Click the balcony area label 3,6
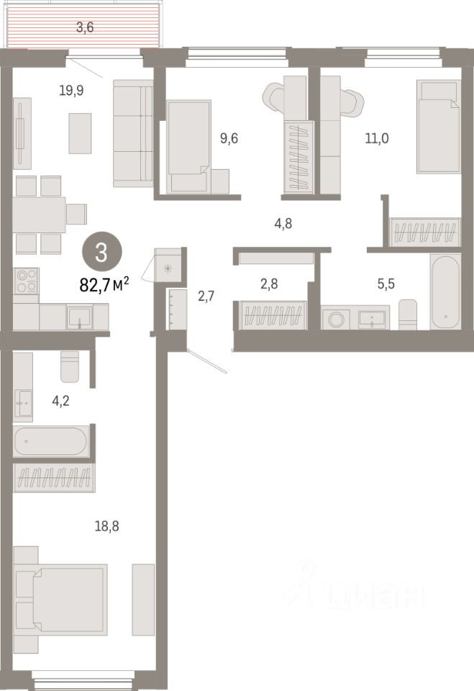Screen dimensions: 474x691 pos(85,27)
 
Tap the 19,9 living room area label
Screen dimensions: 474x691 pos(71,91)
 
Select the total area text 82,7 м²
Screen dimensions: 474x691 pos(104,285)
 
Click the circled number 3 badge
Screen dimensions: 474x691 pos(101,253)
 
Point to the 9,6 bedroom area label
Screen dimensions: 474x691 pos(229,138)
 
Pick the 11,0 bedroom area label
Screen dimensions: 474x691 pos(377,138)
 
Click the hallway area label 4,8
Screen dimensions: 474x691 pos(283,223)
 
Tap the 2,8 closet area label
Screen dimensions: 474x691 pos(269,284)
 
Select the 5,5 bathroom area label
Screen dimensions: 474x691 pos(386,284)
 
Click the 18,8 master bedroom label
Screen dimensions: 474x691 pos(107,525)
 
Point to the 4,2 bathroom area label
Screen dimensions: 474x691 pos(61,401)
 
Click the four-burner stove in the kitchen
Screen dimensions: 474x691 pos(26,281)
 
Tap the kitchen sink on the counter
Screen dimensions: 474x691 pos(80,317)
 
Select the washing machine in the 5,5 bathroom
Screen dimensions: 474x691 pos(336,319)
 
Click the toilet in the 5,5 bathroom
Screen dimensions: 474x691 pos(408,315)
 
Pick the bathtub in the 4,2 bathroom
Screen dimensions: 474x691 pos(51,441)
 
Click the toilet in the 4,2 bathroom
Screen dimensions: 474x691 pos(70,366)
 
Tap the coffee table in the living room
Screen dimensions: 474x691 pos(80,133)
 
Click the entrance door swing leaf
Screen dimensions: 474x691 pos(206,361)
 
